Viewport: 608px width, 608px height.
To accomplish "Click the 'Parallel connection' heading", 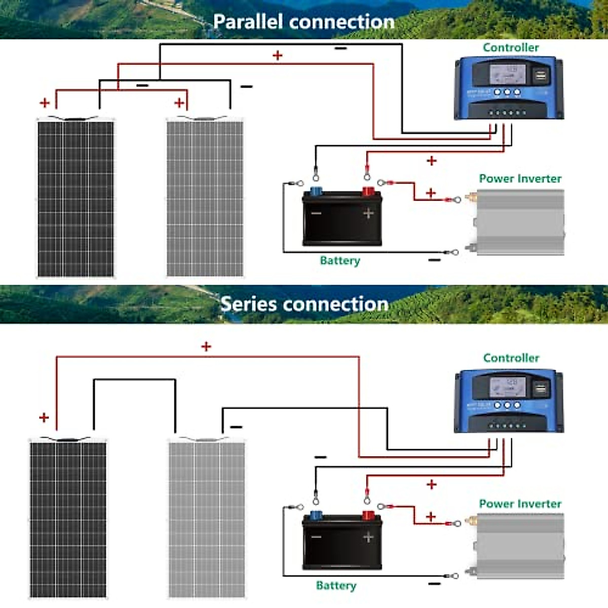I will tap(303, 21).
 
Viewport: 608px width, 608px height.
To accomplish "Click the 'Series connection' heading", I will tap(304, 304).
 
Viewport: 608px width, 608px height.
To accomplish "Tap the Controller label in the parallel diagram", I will tap(510, 48).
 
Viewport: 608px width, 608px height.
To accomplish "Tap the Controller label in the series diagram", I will tap(511, 358).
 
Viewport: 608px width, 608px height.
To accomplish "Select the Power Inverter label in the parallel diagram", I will tap(520, 178).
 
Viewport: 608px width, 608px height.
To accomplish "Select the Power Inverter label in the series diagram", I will tap(520, 504).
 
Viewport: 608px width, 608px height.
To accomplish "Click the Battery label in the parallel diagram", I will tap(339, 260).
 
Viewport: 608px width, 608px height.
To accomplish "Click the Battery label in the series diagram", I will tap(336, 586).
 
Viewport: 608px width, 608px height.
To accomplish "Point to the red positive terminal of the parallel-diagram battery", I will tap(368, 192).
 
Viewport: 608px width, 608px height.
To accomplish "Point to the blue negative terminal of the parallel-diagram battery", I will tap(316, 192).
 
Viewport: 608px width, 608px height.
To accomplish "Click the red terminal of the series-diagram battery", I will tap(368, 516).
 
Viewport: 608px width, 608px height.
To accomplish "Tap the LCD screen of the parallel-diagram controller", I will tap(507, 74).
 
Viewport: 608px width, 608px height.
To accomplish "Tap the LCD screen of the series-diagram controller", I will tap(507, 388).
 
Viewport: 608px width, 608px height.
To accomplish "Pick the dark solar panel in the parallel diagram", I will tap(75, 199).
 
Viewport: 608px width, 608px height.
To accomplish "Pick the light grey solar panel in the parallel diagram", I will tap(205, 199).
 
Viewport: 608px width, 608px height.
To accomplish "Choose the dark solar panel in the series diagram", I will tap(68, 519).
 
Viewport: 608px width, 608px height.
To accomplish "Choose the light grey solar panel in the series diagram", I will tap(207, 519).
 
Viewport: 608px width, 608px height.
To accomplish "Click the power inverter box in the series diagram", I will tap(519, 546).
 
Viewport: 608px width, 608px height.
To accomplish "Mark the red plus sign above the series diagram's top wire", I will tap(206, 347).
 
